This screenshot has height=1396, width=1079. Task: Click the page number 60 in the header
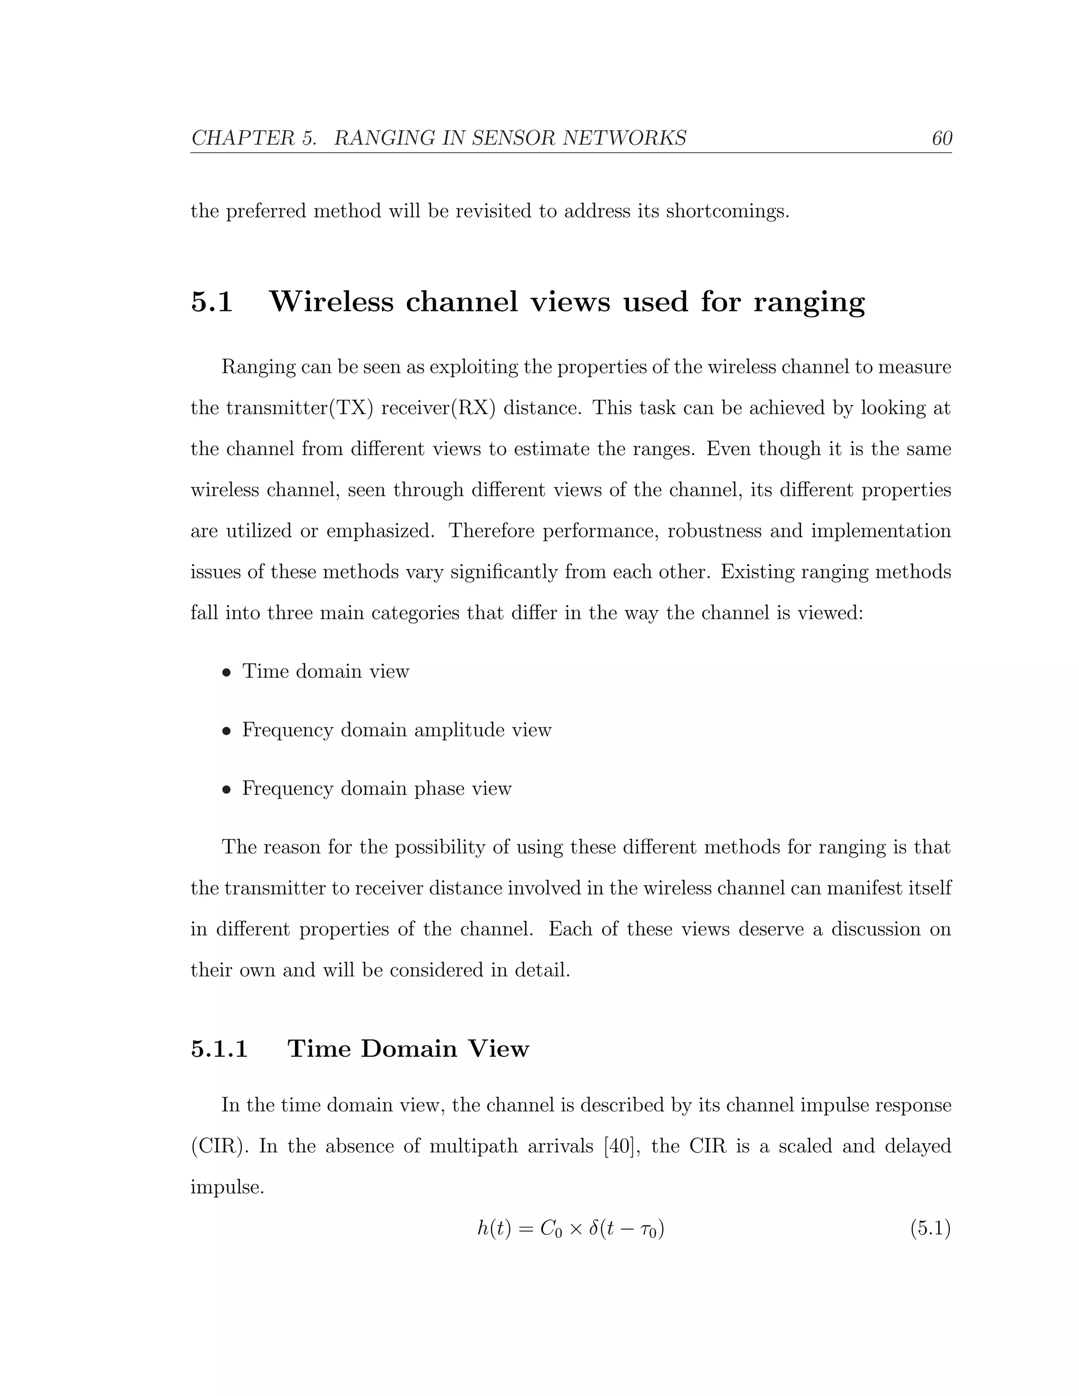(941, 138)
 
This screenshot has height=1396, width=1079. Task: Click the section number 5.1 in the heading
(212, 302)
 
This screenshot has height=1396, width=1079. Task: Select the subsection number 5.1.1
(219, 1048)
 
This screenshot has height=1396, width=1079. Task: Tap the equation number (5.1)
(930, 1228)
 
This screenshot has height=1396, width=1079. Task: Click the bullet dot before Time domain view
(225, 672)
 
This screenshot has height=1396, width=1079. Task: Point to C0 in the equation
(551, 1228)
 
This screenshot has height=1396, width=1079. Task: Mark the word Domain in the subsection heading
(408, 1048)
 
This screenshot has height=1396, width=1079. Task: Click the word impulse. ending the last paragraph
(227, 1187)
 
